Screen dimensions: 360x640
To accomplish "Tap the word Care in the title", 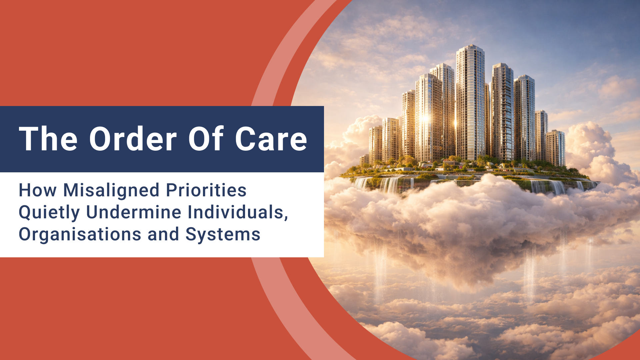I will pyautogui.click(x=271, y=139).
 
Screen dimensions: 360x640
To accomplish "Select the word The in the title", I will pyautogui.click(x=48, y=139).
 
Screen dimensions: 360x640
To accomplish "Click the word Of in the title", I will pyautogui.click(x=206, y=139).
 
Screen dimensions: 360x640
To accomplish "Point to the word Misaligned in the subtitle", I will pyautogui.click(x=111, y=191).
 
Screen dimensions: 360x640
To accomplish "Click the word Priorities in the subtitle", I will pyautogui.click(x=206, y=190).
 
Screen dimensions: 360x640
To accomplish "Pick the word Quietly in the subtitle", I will pyautogui.click(x=49, y=213).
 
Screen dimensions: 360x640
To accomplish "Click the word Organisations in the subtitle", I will pyautogui.click(x=80, y=234).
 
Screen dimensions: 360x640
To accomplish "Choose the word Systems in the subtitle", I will pyautogui.click(x=223, y=234).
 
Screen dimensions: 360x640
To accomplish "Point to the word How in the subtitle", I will pyautogui.click(x=37, y=190).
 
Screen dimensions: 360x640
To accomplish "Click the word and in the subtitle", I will pyautogui.click(x=163, y=234).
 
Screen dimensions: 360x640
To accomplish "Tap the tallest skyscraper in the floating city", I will pyautogui.click(x=470, y=100).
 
